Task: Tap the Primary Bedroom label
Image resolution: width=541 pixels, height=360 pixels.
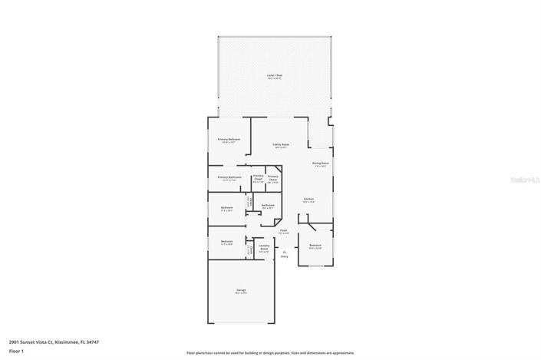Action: point(229,140)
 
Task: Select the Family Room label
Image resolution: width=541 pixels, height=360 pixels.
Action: point(281,145)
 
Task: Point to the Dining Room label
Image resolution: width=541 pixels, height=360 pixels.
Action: point(320,163)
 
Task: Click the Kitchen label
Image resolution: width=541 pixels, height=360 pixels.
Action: point(308,200)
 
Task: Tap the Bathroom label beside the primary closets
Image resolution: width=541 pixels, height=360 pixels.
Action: point(268,206)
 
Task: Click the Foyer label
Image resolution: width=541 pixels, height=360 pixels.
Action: point(283,231)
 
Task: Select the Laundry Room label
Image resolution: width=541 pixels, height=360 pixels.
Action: point(264,248)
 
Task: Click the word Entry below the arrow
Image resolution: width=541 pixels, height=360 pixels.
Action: point(284,256)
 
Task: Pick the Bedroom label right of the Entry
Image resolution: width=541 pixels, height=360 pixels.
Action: point(315,246)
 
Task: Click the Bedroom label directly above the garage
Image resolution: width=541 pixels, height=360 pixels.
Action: point(227,243)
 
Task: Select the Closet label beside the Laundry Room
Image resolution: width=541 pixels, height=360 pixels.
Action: point(249,249)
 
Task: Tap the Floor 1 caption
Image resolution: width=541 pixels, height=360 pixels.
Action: point(16,351)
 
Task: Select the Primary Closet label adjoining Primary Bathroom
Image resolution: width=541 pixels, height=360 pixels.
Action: point(258,179)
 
